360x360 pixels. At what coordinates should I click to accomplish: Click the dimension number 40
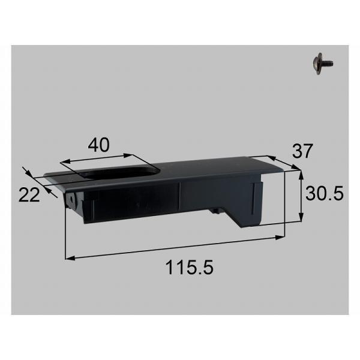point(99,145)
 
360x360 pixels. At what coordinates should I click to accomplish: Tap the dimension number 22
point(29,195)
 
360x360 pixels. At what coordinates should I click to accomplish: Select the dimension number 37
point(302,151)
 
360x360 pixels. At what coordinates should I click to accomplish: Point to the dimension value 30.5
point(324,193)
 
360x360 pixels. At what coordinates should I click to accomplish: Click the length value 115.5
point(190,267)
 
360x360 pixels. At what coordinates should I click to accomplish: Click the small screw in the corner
point(323,64)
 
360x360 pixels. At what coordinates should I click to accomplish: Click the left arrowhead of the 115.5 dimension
point(70,258)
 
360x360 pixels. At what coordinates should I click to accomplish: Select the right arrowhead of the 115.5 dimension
point(280,238)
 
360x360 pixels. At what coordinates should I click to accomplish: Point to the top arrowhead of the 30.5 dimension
point(301,175)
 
